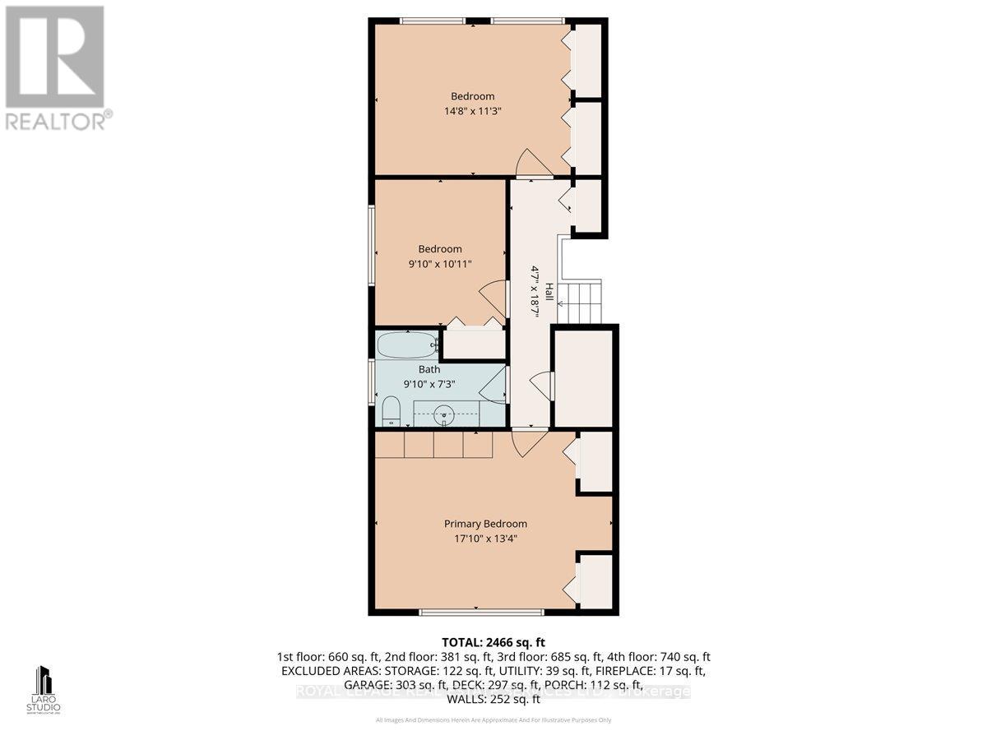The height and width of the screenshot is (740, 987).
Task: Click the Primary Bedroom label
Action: pos(485,524)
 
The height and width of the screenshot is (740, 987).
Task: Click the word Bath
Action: pos(429,370)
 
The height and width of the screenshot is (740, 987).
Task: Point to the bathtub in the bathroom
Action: pos(407,345)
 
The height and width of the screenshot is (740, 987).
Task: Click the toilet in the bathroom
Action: pos(391,410)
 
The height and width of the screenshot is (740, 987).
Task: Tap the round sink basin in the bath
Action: pos(445,414)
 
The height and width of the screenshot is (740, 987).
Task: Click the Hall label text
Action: pos(544,294)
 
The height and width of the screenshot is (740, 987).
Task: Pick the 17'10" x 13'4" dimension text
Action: pos(485,539)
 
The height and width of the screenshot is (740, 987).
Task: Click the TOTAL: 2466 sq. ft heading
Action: pos(493,642)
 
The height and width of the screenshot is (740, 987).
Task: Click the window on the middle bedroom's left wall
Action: pos(372,246)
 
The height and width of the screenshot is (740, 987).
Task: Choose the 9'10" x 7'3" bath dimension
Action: pos(429,384)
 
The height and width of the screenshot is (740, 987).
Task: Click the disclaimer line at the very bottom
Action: pos(493,720)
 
